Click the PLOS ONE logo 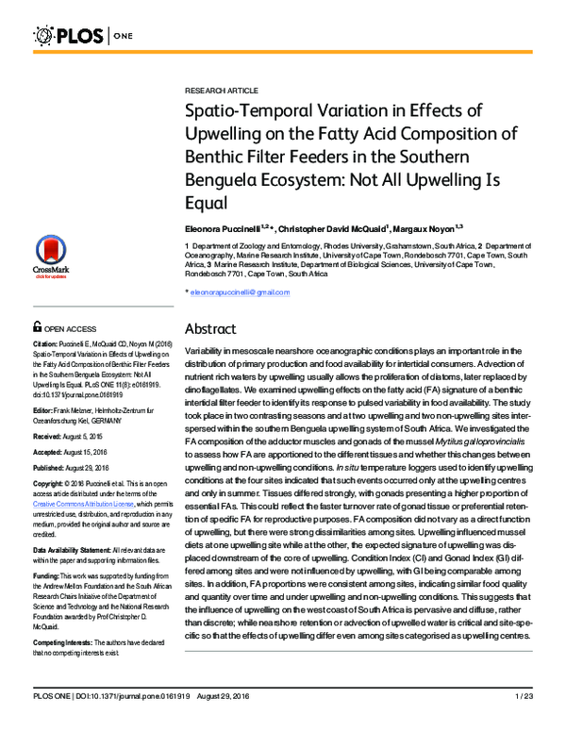pos(75,37)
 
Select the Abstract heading pos(214,329)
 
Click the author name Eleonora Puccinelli pos(224,228)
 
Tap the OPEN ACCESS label pos(65,326)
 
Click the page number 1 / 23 pos(524,722)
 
